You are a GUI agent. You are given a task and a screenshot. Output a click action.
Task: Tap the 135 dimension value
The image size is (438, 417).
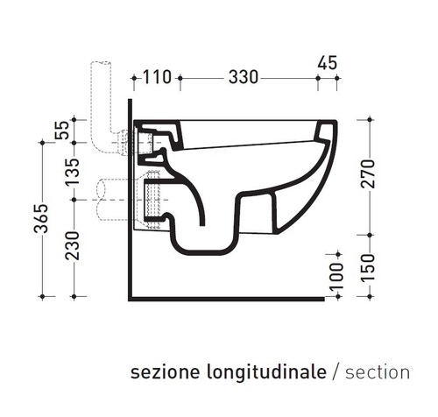[73, 170]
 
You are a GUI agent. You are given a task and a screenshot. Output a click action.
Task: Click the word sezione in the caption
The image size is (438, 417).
[160, 372]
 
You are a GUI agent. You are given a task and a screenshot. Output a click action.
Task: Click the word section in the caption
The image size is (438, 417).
[378, 372]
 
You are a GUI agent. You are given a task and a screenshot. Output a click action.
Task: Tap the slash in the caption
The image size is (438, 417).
[336, 372]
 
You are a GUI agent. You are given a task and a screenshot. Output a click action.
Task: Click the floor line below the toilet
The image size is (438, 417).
[228, 298]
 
